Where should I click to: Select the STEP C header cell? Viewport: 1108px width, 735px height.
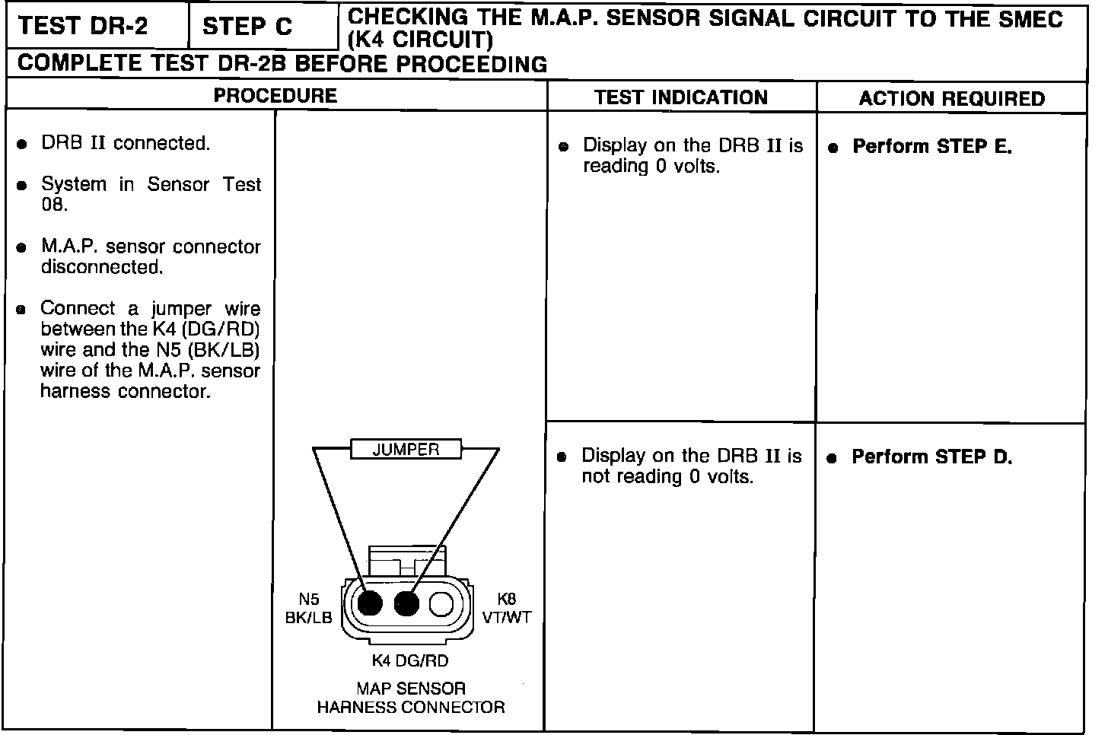pyautogui.click(x=247, y=27)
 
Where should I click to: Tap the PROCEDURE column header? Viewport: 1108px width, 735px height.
pyautogui.click(x=275, y=96)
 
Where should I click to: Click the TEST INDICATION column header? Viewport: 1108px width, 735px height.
pyautogui.click(x=681, y=97)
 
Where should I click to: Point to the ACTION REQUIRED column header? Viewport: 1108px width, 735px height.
pyautogui.click(x=951, y=99)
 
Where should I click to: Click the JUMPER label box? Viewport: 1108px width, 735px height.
pyautogui.click(x=406, y=450)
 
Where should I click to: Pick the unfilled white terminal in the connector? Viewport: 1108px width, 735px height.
pyautogui.click(x=441, y=604)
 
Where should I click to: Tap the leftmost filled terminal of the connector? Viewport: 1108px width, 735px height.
pyautogui.click(x=370, y=604)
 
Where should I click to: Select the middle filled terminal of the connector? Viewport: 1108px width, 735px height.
pyautogui.click(x=407, y=604)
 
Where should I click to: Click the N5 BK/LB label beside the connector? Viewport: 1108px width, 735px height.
pyautogui.click(x=308, y=609)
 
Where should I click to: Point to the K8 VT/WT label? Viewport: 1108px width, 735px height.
pyautogui.click(x=507, y=609)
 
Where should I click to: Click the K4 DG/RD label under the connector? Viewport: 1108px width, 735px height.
pyautogui.click(x=409, y=660)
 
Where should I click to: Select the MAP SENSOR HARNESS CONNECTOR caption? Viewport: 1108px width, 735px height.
pyautogui.click(x=411, y=698)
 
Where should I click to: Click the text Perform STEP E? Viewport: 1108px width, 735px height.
pyautogui.click(x=931, y=147)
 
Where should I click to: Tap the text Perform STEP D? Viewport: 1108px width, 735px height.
pyautogui.click(x=931, y=457)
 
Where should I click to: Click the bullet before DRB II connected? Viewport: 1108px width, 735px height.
pyautogui.click(x=24, y=145)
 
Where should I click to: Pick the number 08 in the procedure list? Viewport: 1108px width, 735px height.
pyautogui.click(x=53, y=205)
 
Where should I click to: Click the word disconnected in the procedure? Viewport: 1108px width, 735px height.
pyautogui.click(x=102, y=268)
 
